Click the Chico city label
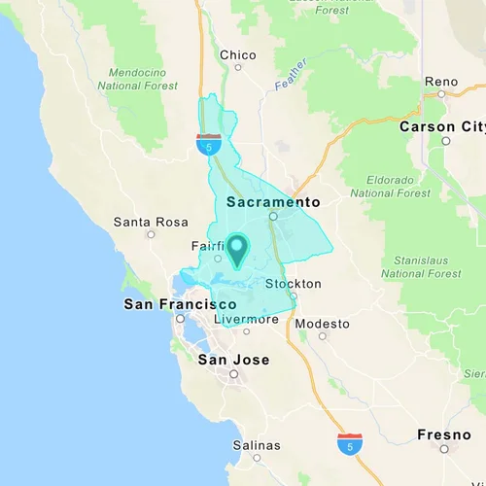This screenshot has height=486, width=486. point(237,55)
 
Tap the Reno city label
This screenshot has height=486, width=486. point(440,81)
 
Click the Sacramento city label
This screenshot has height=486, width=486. point(273,202)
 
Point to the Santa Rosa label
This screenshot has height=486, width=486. point(150,222)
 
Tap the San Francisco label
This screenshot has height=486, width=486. point(180,304)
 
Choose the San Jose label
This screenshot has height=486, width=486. point(233,360)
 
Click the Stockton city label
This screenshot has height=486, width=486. point(293,284)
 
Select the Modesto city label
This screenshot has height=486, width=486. point(323,324)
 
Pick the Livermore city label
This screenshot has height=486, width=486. point(247,319)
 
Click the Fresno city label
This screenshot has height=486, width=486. point(445,434)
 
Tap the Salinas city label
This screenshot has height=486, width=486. point(257,446)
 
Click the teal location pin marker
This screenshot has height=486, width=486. point(236,249)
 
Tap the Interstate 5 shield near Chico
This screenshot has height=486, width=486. point(207,145)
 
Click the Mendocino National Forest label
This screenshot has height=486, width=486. point(137,78)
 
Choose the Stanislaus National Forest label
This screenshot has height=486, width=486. point(420,266)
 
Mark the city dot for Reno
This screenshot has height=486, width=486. point(440,94)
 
